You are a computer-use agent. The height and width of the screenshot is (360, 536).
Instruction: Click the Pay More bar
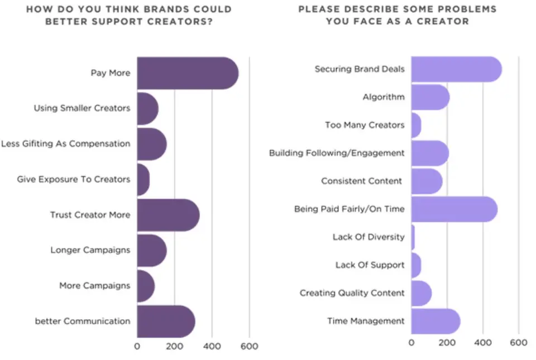(187, 73)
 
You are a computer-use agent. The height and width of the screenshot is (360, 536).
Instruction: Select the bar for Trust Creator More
(167, 215)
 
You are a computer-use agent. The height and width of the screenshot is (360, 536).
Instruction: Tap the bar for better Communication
(165, 321)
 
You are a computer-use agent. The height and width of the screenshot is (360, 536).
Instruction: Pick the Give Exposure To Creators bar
(143, 179)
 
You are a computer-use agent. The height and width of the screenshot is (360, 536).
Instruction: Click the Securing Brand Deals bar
(456, 69)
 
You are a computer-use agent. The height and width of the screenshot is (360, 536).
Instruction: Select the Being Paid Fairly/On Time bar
(453, 209)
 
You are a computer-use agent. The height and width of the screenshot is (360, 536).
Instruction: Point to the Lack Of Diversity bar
(413, 237)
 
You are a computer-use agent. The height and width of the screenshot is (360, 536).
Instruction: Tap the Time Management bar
(435, 321)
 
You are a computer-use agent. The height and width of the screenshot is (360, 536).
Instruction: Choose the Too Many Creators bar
(416, 125)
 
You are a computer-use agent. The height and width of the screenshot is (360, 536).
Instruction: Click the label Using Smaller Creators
(82, 108)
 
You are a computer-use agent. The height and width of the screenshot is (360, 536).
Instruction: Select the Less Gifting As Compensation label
(65, 143)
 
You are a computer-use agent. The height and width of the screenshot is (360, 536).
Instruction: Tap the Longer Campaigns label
(90, 250)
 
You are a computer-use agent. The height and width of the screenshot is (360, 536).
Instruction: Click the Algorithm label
(383, 97)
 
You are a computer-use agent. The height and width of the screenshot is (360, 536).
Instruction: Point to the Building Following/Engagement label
(336, 153)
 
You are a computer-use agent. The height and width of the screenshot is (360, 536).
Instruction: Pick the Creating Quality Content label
(352, 293)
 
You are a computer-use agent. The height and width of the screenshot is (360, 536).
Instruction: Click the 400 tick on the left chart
(212, 347)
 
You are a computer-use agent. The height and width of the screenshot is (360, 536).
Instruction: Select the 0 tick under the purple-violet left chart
(137, 347)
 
